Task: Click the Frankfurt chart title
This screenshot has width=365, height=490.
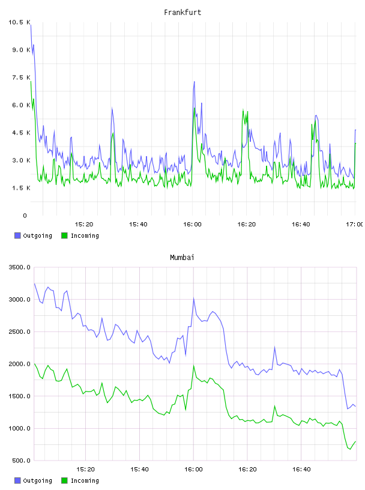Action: click(182, 13)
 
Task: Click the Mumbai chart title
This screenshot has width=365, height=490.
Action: click(182, 258)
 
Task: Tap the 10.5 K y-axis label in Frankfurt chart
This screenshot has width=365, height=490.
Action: click(19, 22)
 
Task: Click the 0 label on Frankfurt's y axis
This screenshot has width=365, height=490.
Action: click(25, 216)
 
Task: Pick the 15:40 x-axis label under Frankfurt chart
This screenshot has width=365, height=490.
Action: click(138, 225)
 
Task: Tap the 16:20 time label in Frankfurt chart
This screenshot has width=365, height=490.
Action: click(247, 225)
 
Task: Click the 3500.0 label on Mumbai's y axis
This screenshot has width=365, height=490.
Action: click(19, 267)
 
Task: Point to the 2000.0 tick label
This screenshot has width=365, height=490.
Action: click(19, 364)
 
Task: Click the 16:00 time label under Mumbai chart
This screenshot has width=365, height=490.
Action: click(193, 470)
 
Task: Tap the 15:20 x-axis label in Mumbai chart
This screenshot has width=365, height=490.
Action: click(85, 470)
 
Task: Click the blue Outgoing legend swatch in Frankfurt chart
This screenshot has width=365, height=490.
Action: click(17, 235)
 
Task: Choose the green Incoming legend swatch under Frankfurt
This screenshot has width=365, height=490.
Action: click(64, 235)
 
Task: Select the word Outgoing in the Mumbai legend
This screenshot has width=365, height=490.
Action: click(37, 480)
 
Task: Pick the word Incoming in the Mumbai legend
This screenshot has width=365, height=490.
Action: click(85, 480)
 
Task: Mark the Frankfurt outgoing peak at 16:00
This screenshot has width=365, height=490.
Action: click(195, 82)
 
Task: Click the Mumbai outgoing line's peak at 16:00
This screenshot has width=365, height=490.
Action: click(194, 298)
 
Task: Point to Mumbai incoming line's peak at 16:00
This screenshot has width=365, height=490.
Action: click(194, 365)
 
